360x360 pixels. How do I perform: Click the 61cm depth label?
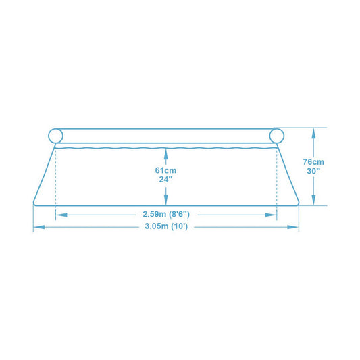pos(165,170)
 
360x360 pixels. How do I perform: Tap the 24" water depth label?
pos(165,179)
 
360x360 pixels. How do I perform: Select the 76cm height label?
pos(313,162)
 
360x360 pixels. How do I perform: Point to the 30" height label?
pos(313,171)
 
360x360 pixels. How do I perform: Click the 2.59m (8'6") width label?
pos(166,214)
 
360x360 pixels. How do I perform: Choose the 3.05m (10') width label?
pos(166,226)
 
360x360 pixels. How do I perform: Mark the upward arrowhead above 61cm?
pos(165,154)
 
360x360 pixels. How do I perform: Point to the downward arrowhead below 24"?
pos(165,200)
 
